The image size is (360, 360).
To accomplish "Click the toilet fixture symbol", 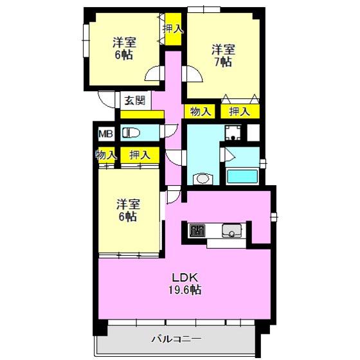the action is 131,132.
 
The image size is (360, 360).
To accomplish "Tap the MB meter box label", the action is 105,134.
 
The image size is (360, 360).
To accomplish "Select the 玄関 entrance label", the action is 135,100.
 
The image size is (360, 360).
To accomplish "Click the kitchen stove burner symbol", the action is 197,230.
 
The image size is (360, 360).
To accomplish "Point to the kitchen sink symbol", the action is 231,231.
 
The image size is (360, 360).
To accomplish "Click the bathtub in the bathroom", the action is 242,176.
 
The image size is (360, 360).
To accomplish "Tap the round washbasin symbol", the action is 202,179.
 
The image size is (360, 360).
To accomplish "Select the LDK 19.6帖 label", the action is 185,283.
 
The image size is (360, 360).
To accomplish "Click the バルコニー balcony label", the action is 177,339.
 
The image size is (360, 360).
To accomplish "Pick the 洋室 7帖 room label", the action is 223,56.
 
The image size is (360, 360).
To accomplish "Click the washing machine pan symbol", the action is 233,133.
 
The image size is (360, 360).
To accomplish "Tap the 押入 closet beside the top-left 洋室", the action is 173,29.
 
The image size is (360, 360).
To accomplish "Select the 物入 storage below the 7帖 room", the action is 200,112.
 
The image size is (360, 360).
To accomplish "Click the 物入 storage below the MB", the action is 106,155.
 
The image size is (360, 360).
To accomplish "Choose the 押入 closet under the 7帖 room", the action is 240,112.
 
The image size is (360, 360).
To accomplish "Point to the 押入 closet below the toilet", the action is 140,155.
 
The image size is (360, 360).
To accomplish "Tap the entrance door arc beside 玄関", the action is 106,99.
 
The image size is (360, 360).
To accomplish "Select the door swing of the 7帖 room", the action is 192,74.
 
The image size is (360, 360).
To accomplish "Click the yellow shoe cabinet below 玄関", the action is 142,114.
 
